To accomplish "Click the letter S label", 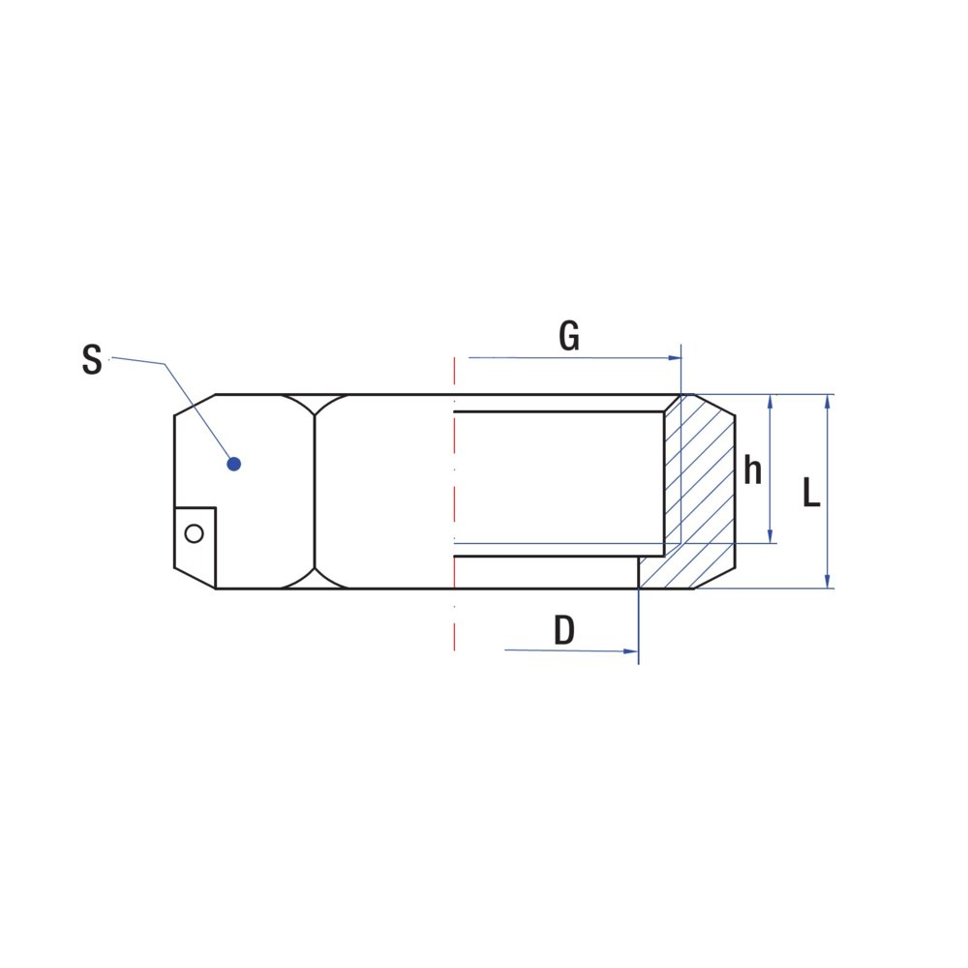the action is pos(92,359).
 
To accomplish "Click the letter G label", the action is pos(569,337).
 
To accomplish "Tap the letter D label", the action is pos(564,630).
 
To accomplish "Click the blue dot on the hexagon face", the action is pos(233,464).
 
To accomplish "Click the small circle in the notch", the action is pos(194,533).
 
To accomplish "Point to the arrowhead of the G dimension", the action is pos(675,358).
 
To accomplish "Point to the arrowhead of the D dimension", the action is pos(630,651).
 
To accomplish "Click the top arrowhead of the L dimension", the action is pos(828,402).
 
